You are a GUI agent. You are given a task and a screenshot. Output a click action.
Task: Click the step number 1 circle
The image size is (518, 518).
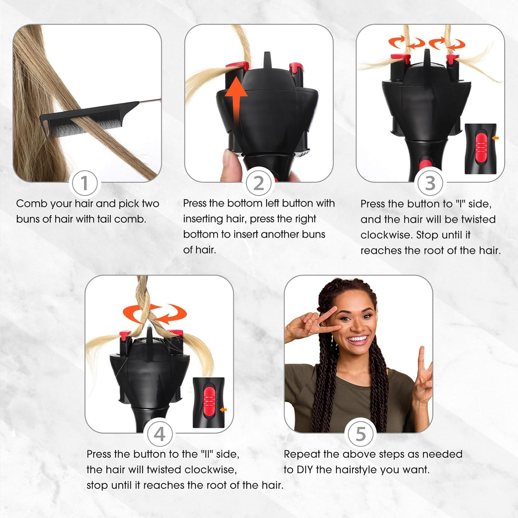click(84, 183)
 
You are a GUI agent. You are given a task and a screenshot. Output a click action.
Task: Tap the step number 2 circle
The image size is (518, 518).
click(259, 183)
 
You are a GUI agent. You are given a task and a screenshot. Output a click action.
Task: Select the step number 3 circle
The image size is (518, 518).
click(430, 183)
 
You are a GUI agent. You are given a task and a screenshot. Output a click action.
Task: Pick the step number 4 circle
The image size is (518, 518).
click(159, 434)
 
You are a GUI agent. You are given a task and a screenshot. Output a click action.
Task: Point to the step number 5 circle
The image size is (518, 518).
click(360, 434)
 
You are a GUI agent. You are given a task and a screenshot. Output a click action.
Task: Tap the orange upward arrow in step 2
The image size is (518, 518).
click(236, 100)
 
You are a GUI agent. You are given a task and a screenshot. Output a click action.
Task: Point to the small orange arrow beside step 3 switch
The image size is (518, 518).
click(495, 138)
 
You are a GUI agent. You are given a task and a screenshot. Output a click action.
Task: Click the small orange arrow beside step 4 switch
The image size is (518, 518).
click(223, 410)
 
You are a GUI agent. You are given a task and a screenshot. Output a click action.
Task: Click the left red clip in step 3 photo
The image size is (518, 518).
click(401, 58)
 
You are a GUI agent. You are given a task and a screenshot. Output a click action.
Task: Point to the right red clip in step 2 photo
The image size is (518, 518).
click(296, 66)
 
